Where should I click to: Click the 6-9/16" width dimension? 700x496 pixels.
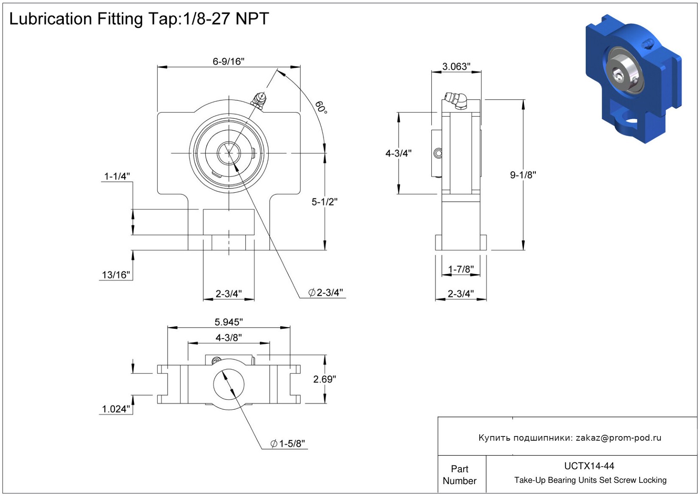(x=228, y=62)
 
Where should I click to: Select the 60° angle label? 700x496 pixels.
(x=322, y=107)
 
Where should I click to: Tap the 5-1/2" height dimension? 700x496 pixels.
(x=324, y=202)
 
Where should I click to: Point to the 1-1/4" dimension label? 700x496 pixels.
(x=117, y=176)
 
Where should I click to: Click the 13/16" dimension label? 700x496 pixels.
(x=116, y=275)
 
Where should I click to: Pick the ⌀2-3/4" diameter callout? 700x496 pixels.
(x=326, y=293)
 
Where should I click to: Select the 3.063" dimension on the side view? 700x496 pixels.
(x=456, y=67)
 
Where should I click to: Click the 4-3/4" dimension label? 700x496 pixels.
(x=398, y=153)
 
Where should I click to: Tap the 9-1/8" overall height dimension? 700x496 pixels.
(x=523, y=175)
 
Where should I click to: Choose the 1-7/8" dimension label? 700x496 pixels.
(x=461, y=269)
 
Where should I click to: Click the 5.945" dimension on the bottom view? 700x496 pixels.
(x=228, y=322)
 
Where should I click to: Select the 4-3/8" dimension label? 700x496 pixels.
(x=228, y=338)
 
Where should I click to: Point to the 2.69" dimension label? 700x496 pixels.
(x=324, y=379)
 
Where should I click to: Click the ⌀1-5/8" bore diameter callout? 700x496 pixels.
(x=288, y=444)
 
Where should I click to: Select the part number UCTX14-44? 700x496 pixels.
(x=589, y=466)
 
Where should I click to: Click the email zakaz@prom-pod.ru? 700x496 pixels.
(x=618, y=438)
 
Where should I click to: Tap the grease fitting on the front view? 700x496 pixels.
(x=259, y=100)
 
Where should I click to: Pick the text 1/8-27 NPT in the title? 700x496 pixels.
(x=226, y=19)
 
